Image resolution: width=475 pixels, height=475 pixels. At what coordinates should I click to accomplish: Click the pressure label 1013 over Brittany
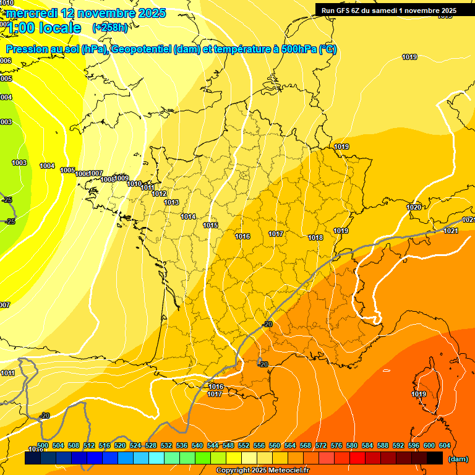pyautogui.click(x=171, y=202)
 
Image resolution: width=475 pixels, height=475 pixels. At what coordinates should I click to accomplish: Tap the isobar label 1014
pyautogui.click(x=189, y=216)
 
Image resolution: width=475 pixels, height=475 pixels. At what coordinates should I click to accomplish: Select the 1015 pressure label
pyautogui.click(x=210, y=225)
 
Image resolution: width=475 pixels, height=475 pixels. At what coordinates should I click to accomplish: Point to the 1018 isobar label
pyautogui.click(x=315, y=237)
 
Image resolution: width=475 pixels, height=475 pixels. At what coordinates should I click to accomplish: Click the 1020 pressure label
pyautogui.click(x=414, y=207)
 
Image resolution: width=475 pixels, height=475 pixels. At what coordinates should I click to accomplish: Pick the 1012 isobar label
pyautogui.click(x=159, y=194)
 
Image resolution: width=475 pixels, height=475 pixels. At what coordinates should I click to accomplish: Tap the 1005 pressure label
pyautogui.click(x=67, y=171)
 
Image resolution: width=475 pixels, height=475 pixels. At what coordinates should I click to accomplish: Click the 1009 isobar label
pyautogui.click(x=122, y=178)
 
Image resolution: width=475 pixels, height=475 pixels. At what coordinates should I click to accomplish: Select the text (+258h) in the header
pyautogui.click(x=110, y=27)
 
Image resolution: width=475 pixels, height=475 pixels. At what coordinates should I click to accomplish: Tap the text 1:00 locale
pyautogui.click(x=45, y=28)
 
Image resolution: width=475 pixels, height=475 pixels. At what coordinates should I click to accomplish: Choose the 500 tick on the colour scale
pyautogui.click(x=43, y=445)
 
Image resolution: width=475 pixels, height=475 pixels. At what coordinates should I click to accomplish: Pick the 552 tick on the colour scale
pyautogui.click(x=244, y=445)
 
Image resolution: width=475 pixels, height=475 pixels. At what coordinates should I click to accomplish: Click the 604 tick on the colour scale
pyautogui.click(x=445, y=445)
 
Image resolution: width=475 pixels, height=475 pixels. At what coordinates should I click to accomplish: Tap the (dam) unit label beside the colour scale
pyautogui.click(x=458, y=459)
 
